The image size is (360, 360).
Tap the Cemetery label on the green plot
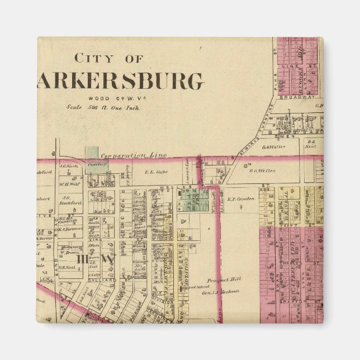coord(93,165)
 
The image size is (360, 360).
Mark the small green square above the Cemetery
coord(91,151)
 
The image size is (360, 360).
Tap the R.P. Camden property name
coord(241,198)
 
